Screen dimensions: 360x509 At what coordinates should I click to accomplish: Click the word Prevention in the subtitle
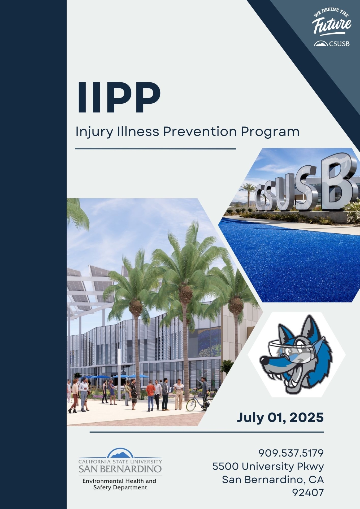200,132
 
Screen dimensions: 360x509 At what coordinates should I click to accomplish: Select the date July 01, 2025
280,417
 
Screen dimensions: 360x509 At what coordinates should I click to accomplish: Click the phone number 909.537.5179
291,453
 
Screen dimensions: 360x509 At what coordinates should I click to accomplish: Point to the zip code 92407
308,493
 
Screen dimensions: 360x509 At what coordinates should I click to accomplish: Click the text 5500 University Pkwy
268,466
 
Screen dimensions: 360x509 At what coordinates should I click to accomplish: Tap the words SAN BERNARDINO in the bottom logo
120,469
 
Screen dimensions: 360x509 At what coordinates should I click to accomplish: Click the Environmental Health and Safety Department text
119,484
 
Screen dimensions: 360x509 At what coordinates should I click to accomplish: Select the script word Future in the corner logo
331,25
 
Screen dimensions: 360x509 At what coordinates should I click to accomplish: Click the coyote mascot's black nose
264,361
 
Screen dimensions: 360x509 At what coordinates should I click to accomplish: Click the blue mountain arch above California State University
120,453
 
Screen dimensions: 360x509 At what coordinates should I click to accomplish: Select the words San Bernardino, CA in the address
273,479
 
